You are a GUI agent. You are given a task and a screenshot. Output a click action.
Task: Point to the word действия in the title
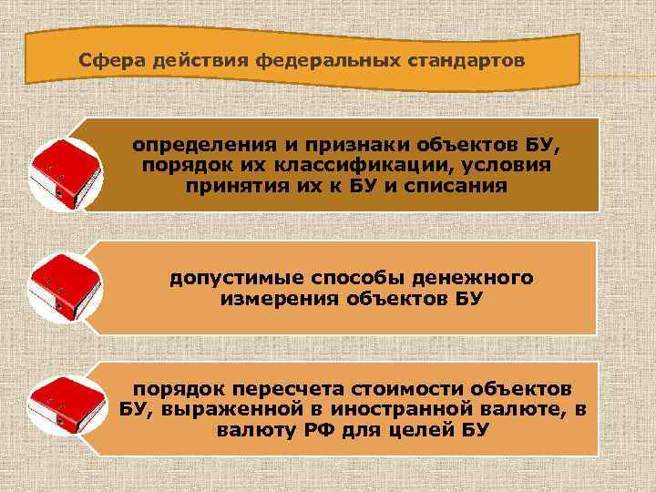(187, 62)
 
